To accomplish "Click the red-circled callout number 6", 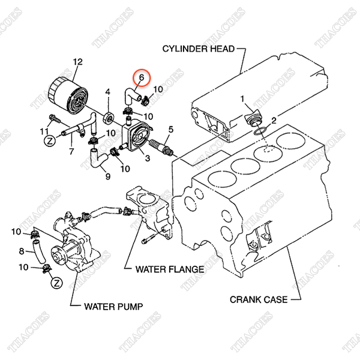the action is tap(142, 77).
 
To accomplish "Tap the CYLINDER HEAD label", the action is tap(199, 49).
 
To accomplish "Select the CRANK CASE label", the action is tap(259, 299).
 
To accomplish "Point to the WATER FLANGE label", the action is tap(170, 269).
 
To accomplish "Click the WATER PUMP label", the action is tap(113, 307).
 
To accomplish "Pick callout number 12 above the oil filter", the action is tap(77, 62).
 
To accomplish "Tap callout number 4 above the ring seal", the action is tap(107, 92).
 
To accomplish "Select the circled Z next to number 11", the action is tap(50, 141).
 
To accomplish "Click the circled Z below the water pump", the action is tap(56, 283).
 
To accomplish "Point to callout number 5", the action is tap(171, 130).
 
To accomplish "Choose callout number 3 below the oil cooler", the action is tap(148, 158).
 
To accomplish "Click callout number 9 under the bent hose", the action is tap(108, 176).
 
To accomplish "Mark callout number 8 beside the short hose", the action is tap(22, 251).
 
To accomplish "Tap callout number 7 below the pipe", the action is tap(71, 151).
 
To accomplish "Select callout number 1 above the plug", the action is tap(242, 99).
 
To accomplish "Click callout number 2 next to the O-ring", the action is tap(274, 121).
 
